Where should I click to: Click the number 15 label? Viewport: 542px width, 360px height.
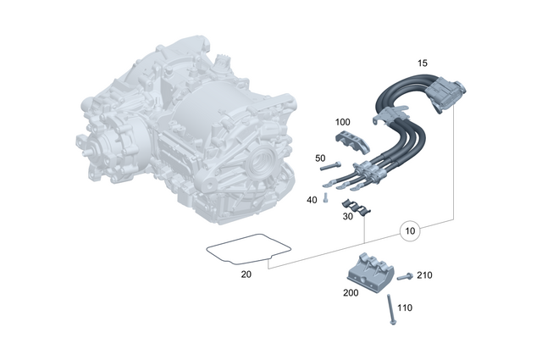tap(423, 63)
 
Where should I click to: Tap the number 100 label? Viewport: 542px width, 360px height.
tap(343, 122)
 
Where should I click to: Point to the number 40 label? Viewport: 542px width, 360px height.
tap(312, 199)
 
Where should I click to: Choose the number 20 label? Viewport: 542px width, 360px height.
tap(246, 274)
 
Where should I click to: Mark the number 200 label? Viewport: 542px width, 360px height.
tap(351, 292)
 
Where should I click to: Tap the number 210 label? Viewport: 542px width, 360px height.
tap(423, 274)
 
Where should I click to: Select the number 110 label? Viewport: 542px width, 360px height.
tap(405, 308)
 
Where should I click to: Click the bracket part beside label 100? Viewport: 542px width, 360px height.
tap(347, 145)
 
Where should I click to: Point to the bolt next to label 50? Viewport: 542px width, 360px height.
tap(330, 166)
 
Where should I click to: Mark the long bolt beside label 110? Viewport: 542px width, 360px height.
tap(389, 310)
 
